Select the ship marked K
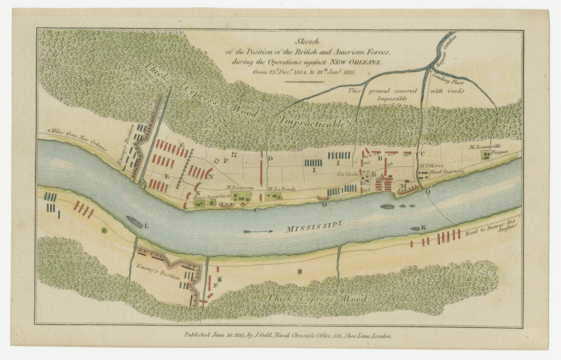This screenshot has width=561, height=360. pos(416,228)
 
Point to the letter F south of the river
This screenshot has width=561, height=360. pos(215,285)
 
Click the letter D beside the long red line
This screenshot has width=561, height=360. pos(270,158)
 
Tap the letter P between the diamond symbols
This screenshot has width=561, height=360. pos(225,160)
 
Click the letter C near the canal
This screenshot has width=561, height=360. pos(422,154)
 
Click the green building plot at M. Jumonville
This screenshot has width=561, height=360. pos(486,154)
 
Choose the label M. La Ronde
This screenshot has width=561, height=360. pos(282,189)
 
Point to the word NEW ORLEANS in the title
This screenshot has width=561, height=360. pos(356,63)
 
